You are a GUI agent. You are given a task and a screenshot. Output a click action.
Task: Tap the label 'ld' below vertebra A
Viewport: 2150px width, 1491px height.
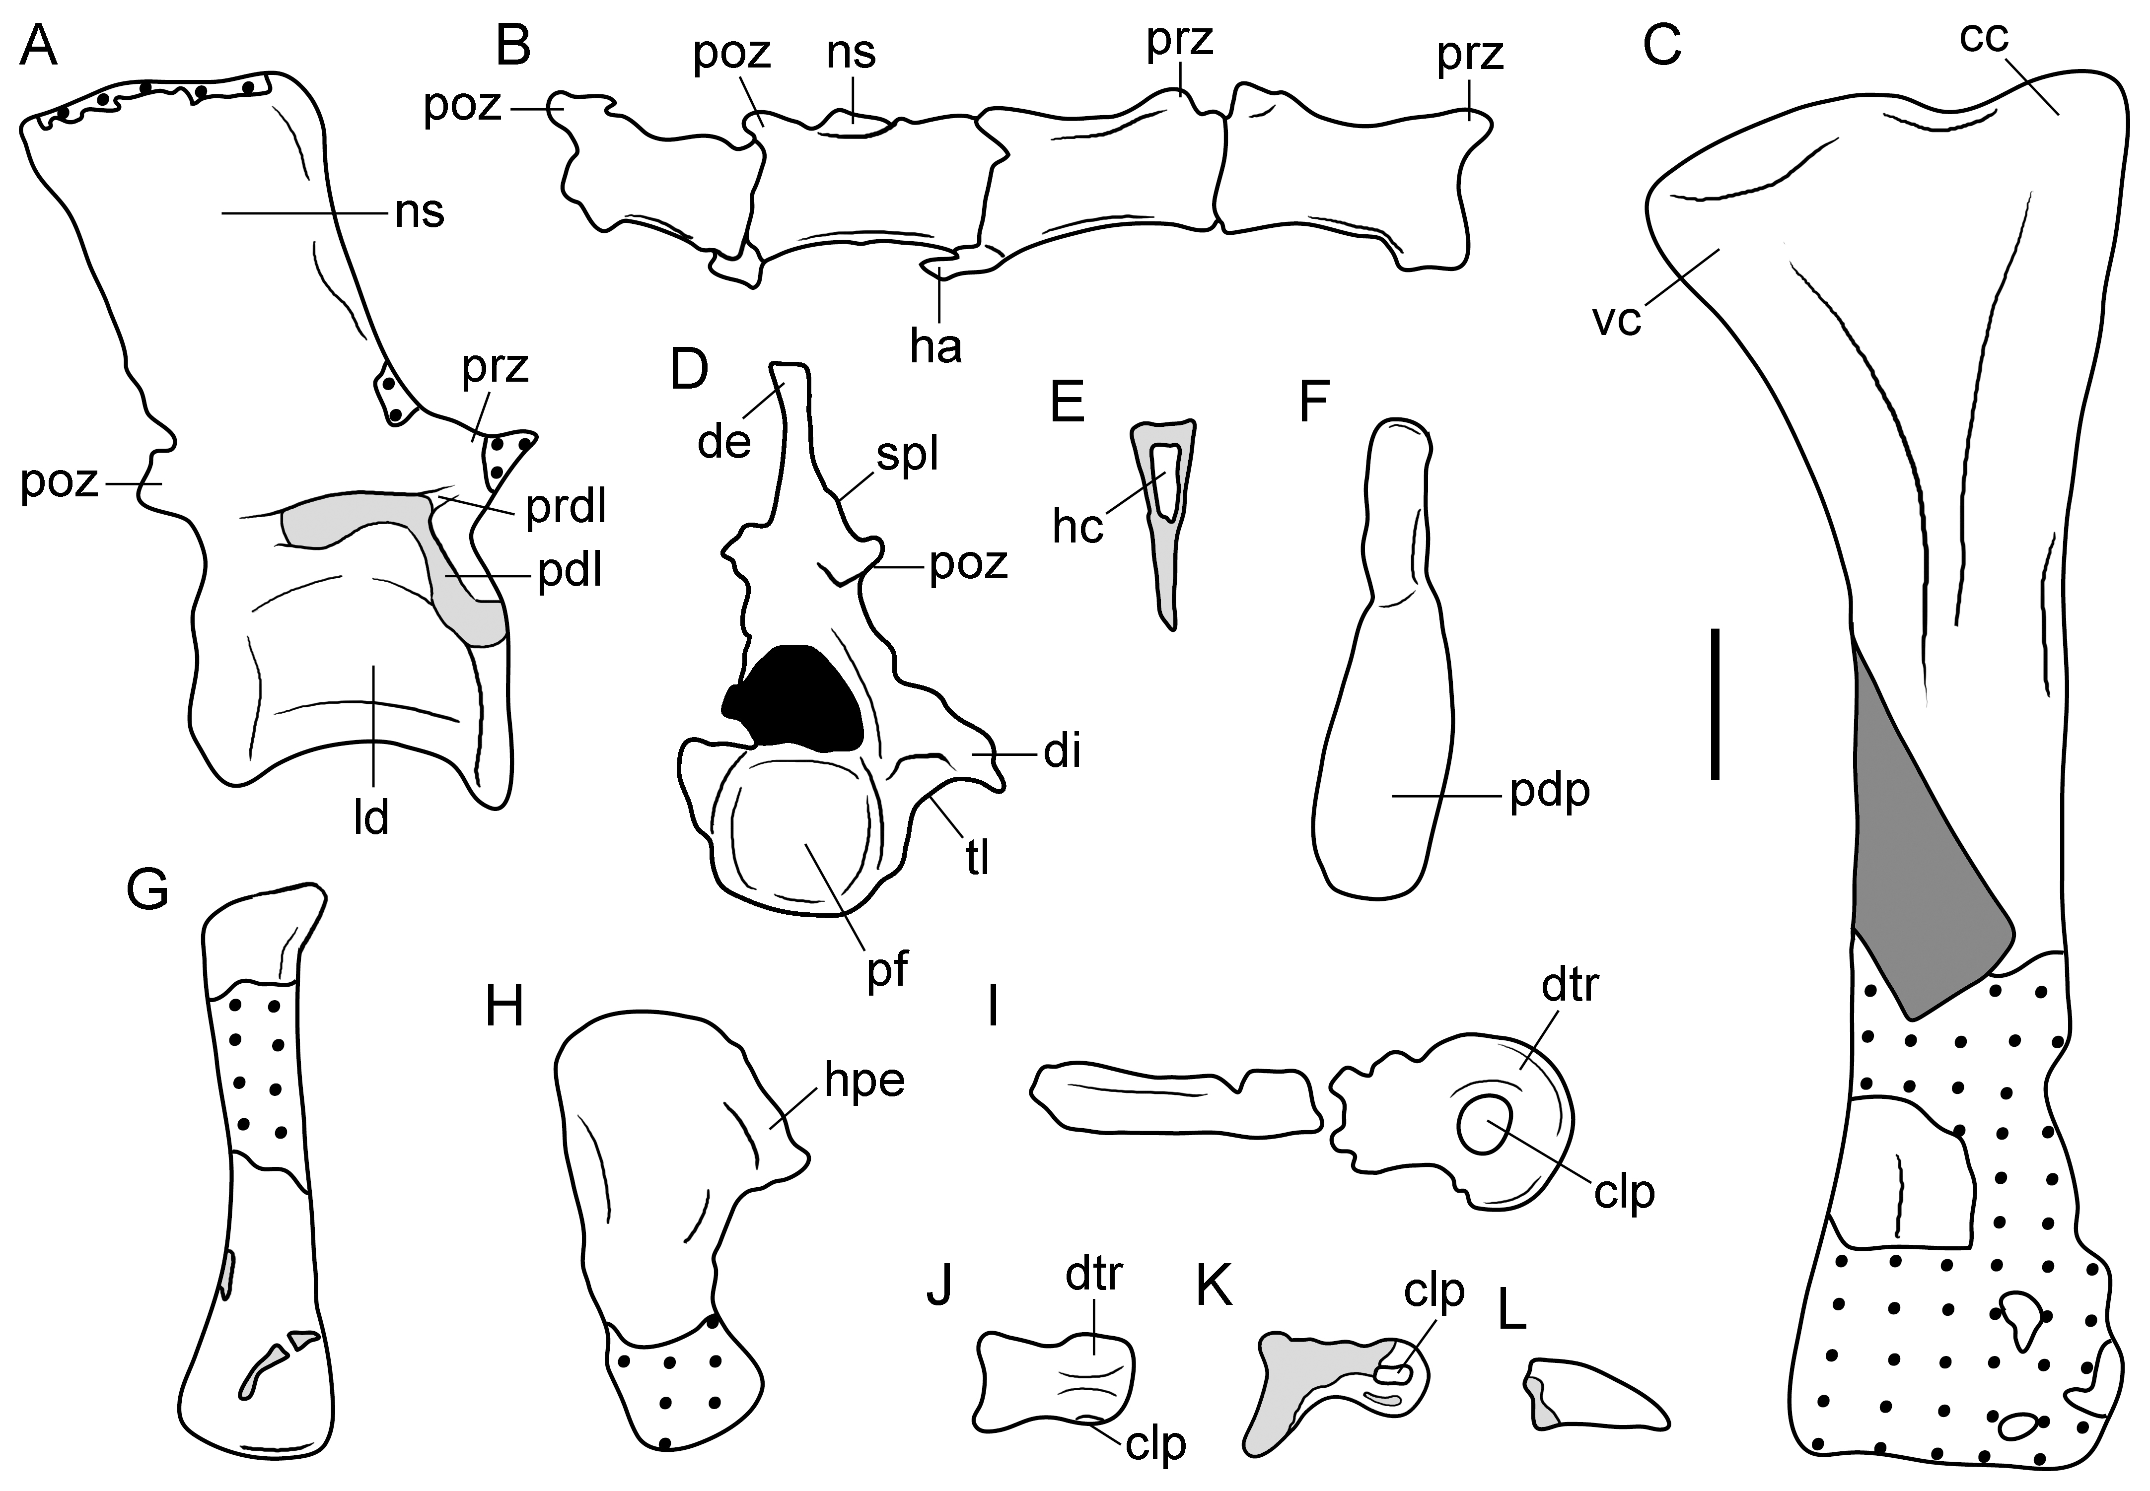tap(372, 819)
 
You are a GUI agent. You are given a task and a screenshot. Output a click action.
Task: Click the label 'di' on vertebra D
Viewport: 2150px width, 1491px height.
tap(1063, 751)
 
